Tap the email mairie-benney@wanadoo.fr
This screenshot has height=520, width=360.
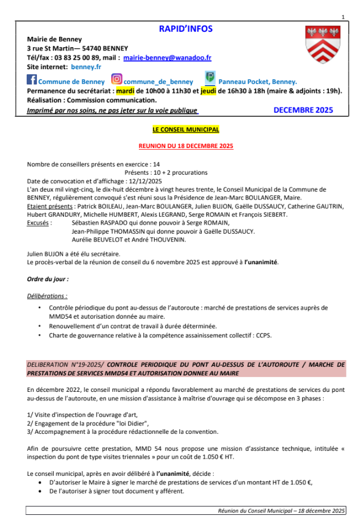[x=167, y=57]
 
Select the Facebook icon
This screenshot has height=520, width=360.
[x=32, y=80]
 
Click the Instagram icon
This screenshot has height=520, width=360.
[x=117, y=80]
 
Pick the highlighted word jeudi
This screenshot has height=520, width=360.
[x=209, y=90]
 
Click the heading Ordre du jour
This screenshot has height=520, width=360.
[x=48, y=279]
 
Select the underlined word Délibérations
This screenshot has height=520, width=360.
[x=47, y=296]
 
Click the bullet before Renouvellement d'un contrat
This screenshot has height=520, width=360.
[x=39, y=326]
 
